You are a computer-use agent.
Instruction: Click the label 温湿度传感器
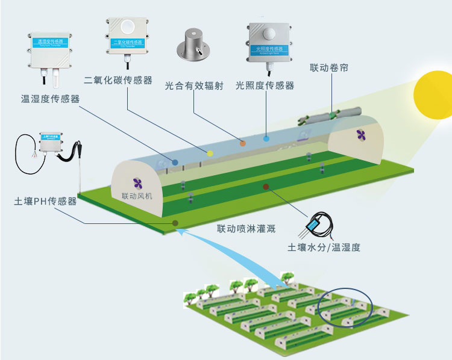click(x=50, y=99)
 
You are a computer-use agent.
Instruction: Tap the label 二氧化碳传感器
click(x=118, y=80)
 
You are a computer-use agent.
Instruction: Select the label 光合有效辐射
click(x=194, y=86)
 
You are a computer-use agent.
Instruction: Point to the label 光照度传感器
click(x=265, y=86)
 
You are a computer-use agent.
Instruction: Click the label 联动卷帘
click(x=329, y=67)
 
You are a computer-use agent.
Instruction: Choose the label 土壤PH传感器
click(x=45, y=201)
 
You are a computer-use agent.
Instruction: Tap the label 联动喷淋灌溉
click(x=246, y=229)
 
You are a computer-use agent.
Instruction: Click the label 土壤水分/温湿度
click(x=324, y=247)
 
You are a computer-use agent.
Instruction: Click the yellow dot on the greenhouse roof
click(x=210, y=153)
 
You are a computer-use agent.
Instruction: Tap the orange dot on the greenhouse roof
click(x=243, y=143)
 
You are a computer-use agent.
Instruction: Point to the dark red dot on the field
click(x=265, y=187)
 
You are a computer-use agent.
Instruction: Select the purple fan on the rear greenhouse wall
click(x=360, y=134)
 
